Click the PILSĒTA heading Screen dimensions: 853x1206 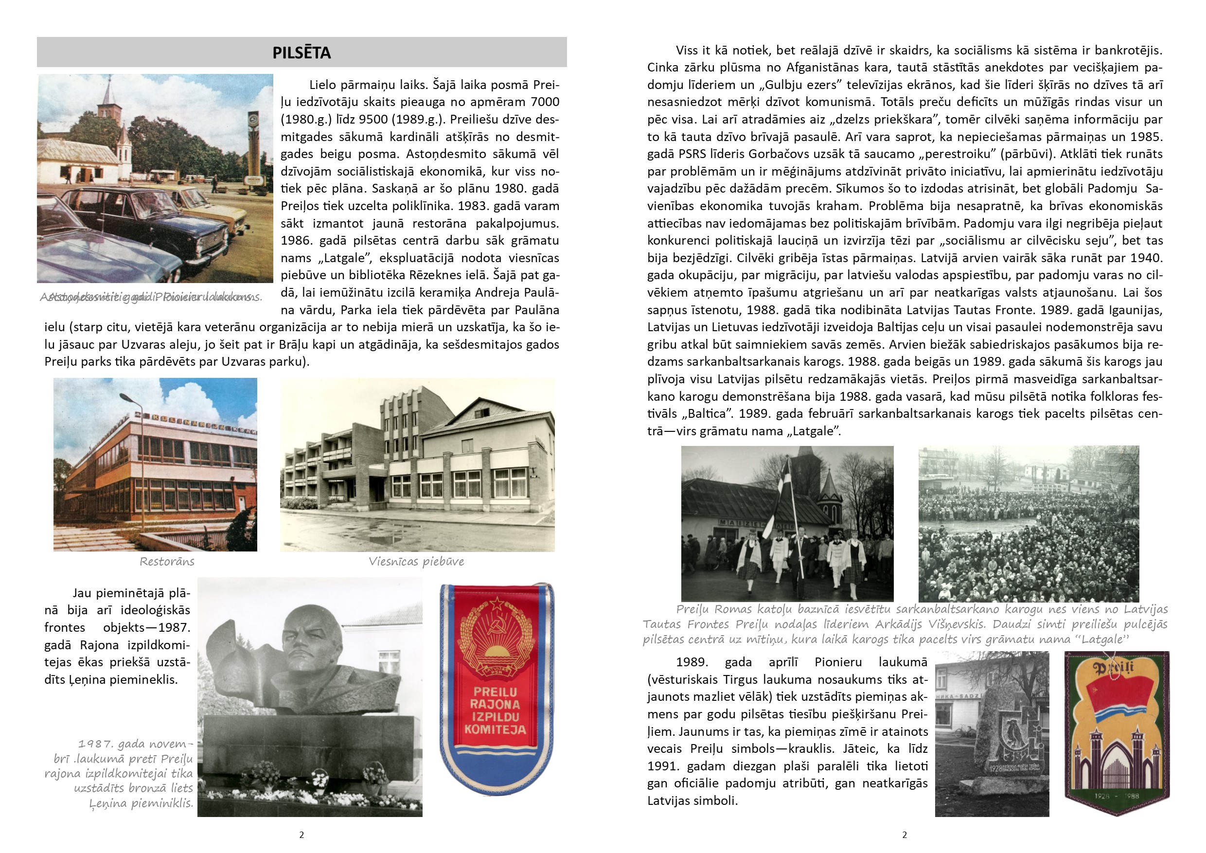click(301, 53)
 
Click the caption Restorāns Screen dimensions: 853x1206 click(167, 562)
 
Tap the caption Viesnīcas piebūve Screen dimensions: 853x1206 click(416, 562)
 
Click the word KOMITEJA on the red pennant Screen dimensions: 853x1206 click(495, 729)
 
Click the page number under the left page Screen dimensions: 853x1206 click(301, 835)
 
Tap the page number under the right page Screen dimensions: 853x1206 click(904, 835)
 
